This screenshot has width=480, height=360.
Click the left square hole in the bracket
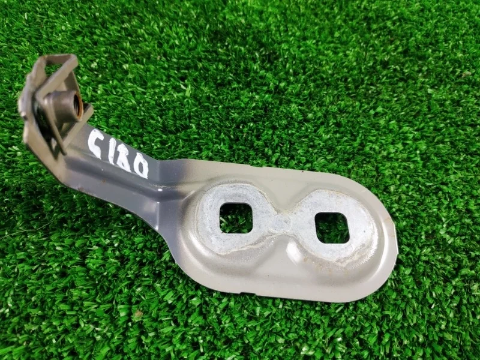coord(236,217)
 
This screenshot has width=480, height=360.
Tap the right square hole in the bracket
coord(332,227)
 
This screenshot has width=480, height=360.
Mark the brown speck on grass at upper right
coord(466,74)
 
